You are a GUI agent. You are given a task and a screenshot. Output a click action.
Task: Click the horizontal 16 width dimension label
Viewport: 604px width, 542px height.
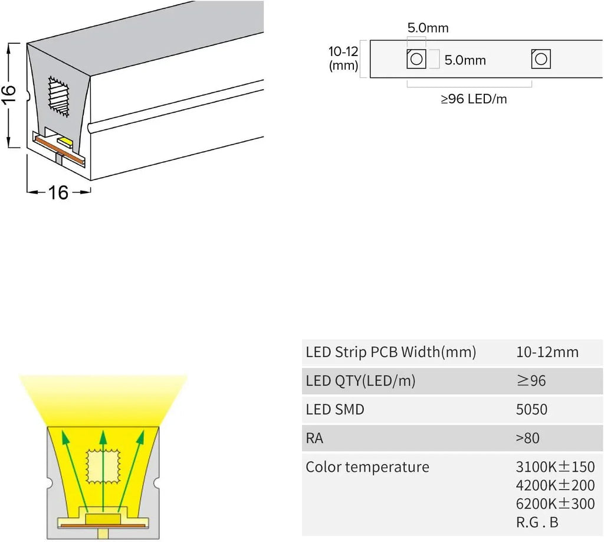click(58, 192)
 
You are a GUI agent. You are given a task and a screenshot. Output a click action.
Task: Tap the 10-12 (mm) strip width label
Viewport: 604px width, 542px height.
click(343, 58)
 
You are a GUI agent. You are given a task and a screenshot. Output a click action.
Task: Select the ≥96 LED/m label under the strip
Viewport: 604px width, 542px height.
click(474, 99)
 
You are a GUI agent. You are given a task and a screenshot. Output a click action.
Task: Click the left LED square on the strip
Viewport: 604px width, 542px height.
click(416, 59)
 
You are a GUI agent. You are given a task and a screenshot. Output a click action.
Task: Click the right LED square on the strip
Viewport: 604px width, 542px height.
click(540, 59)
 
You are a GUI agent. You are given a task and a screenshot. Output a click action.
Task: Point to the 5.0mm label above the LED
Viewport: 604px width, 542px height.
click(428, 28)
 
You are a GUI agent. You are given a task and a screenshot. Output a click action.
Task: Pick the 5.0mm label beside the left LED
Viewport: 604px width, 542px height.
click(465, 60)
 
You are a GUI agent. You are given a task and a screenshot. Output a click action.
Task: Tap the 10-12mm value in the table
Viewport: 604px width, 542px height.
click(547, 353)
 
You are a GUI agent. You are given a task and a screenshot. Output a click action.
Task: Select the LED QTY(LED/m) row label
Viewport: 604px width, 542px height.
click(360, 381)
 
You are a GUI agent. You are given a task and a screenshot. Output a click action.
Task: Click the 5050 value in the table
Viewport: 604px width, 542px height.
click(531, 410)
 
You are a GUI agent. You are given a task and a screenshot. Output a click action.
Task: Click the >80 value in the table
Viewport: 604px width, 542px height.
click(527, 439)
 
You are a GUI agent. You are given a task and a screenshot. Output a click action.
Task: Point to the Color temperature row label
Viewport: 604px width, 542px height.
click(367, 467)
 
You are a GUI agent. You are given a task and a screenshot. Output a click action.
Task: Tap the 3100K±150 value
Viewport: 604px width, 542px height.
click(555, 467)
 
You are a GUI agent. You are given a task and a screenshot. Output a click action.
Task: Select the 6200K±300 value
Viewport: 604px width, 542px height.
click(555, 504)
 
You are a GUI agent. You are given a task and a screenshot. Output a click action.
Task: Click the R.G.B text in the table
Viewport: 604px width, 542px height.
click(537, 523)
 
